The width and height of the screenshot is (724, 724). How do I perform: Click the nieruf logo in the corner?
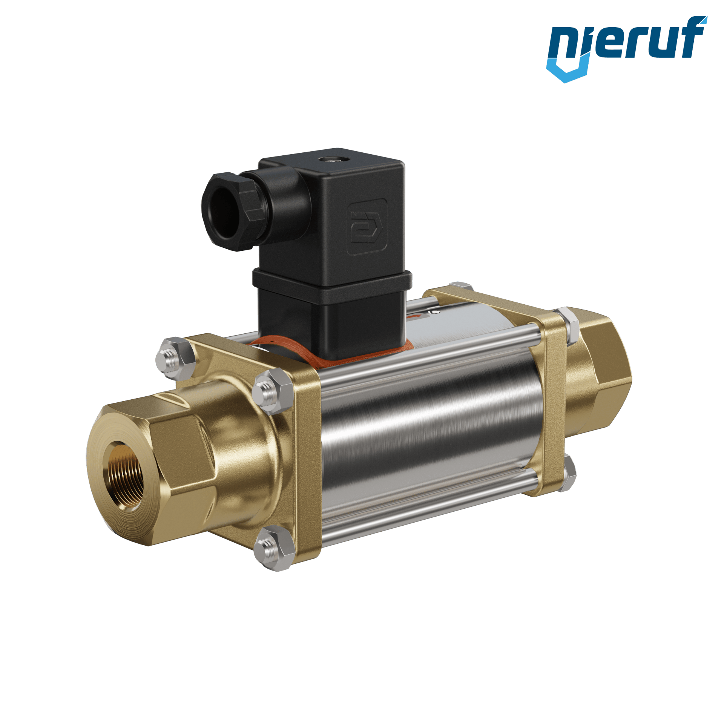tap(626, 49)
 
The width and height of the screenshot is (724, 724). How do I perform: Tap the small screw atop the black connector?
tap(331, 160)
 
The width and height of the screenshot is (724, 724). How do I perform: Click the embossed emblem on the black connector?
tap(367, 227)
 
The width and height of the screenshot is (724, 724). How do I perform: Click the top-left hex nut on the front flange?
tap(175, 358)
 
